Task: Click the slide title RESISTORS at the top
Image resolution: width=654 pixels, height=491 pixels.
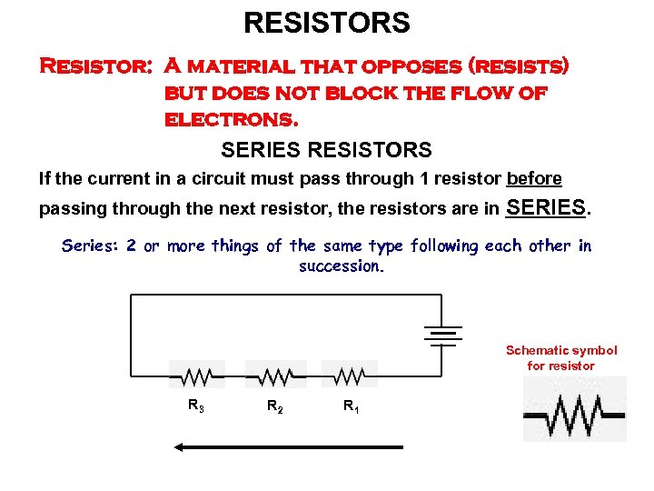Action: click(326, 23)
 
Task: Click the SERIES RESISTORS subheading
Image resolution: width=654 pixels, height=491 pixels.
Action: click(326, 149)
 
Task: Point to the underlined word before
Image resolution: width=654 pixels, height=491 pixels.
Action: click(534, 178)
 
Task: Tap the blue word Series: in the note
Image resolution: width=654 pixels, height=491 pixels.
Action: click(91, 245)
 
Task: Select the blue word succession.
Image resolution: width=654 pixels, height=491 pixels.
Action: click(342, 266)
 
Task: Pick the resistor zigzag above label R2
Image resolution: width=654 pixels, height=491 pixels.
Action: click(273, 375)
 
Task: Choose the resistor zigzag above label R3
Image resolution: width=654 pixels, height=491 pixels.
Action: click(197, 375)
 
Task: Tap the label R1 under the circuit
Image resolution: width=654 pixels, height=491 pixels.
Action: click(350, 407)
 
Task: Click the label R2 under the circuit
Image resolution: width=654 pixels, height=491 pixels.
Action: click(274, 407)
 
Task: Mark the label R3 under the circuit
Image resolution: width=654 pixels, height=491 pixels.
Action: click(196, 406)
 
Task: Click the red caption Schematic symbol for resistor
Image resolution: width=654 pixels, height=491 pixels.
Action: click(560, 357)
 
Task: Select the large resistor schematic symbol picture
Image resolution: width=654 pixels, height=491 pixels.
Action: click(574, 410)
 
